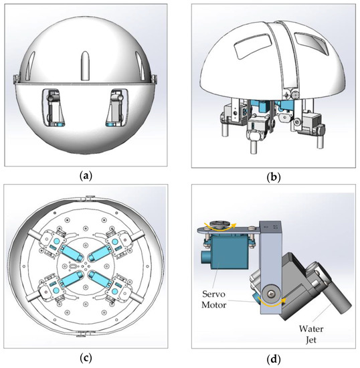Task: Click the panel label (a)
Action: pos(89,177)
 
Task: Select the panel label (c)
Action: pos(89,357)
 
